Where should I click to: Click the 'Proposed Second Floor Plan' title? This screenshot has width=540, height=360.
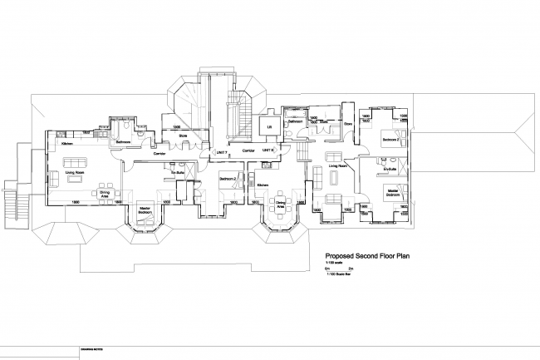tap(366, 258)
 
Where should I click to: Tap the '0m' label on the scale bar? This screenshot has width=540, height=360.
tap(326, 270)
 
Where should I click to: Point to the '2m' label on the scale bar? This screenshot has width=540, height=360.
tap(350, 270)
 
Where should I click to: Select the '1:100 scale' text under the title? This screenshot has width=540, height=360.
tap(334, 264)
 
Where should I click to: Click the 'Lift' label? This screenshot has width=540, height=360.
tap(269, 127)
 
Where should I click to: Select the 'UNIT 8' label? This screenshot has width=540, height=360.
tap(268, 150)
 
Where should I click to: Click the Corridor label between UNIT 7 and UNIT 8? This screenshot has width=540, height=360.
tap(248, 150)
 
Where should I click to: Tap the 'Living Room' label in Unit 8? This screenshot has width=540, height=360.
tap(336, 165)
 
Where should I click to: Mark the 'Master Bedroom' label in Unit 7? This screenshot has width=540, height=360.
tap(144, 210)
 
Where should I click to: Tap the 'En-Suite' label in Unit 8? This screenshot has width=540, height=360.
tap(387, 169)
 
